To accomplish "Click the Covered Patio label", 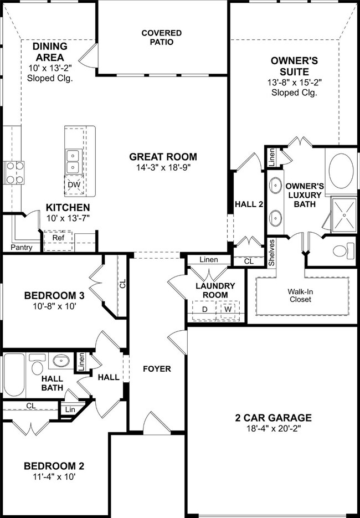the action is click(162, 37).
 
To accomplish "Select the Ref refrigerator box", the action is click(58, 240).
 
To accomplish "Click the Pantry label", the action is click(22, 248).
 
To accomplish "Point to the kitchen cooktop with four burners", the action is click(14, 172).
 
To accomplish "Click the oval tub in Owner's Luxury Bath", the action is click(341, 171).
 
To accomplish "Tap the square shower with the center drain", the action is click(344, 214).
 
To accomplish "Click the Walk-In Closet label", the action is click(300, 296).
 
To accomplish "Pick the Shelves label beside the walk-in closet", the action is click(271, 253).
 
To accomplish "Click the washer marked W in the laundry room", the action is click(228, 310).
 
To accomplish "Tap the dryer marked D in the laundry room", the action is click(205, 310).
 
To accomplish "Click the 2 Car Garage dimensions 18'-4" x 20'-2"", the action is click(273, 428).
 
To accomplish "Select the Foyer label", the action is click(157, 368).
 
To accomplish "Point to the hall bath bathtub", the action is click(14, 375).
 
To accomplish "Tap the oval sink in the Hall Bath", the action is click(61, 361).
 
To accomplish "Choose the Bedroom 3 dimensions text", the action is click(54, 306).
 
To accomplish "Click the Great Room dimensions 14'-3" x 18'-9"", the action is click(163, 167).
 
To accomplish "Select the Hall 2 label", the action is click(249, 204).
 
